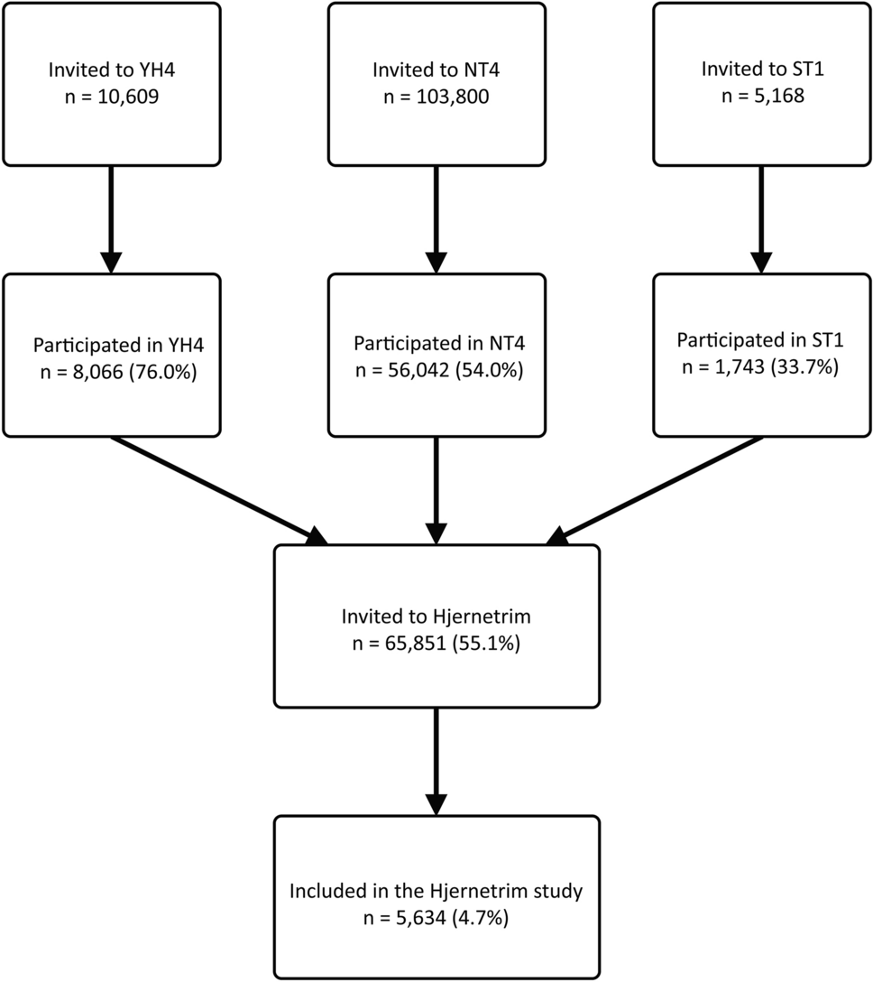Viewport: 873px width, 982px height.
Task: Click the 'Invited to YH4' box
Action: (x=111, y=84)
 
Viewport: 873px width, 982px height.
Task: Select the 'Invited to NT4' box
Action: (x=436, y=84)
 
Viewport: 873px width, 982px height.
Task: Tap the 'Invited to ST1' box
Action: (x=762, y=84)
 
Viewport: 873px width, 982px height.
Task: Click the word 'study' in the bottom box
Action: (x=558, y=891)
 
